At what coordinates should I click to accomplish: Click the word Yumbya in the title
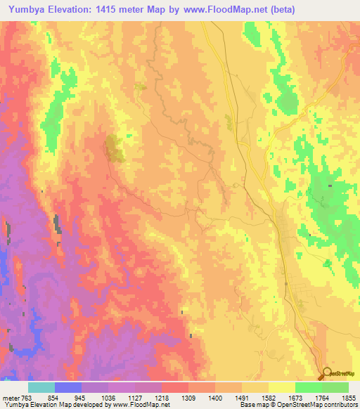point(23,9)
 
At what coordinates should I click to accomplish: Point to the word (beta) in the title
point(280,9)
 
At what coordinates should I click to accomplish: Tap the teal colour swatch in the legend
point(41,387)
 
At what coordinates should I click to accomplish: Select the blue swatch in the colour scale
point(68,387)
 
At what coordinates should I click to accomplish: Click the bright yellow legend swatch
point(282,387)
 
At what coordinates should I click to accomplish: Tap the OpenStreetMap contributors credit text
point(316,405)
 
